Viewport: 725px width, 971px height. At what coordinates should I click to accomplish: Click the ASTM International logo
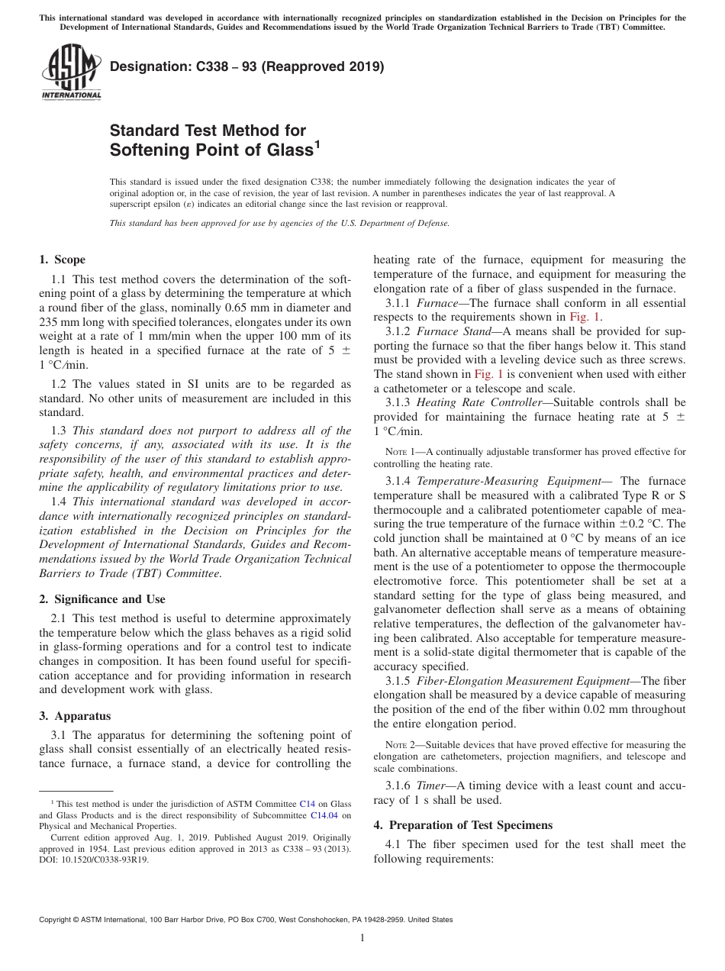coord(71,73)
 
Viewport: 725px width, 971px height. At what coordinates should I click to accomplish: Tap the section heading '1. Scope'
coord(62,260)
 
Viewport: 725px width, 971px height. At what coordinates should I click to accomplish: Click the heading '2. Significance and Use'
coord(101,599)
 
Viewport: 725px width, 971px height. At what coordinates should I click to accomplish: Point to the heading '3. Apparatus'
coord(75,716)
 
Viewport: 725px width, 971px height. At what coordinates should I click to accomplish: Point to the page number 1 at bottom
coord(362,937)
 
